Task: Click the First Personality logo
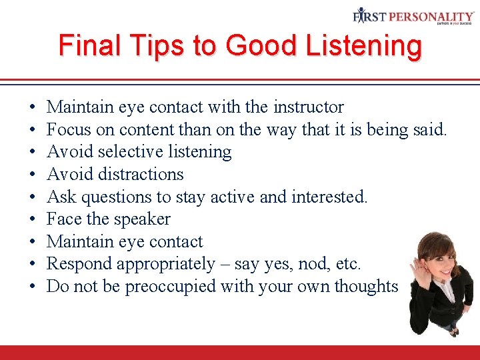coord(413,16)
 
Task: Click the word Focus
coord(69,129)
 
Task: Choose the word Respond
coord(79,264)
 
